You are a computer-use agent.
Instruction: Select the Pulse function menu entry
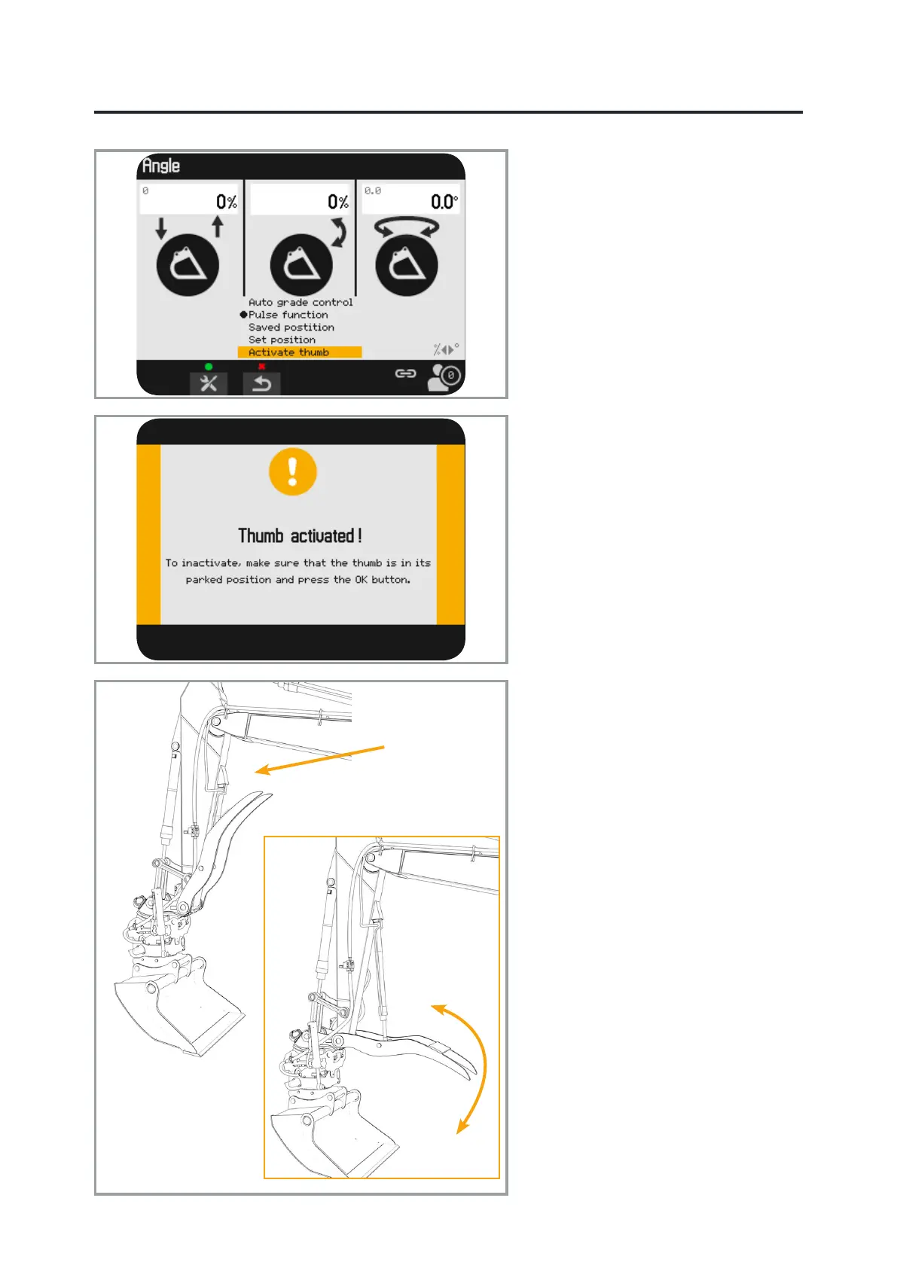[x=288, y=315]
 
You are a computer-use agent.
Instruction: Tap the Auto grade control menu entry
[x=301, y=302]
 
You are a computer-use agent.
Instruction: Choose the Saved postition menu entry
[x=291, y=328]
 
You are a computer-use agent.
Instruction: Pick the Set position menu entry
[x=282, y=340]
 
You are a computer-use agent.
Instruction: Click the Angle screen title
[x=161, y=166]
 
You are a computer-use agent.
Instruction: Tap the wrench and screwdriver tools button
[x=209, y=383]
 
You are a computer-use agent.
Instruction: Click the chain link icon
[x=406, y=373]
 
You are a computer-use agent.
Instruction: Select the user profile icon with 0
[x=444, y=376]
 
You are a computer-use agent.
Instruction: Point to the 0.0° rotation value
[x=444, y=202]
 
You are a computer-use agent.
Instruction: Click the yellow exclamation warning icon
[x=293, y=472]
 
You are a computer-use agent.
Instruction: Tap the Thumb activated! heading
[x=300, y=536]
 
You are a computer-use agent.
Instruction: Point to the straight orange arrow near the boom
[x=320, y=759]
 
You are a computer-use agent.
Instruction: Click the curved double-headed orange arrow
[x=474, y=1069]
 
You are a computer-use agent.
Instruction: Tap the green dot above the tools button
[x=209, y=367]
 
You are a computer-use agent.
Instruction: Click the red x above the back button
[x=261, y=367]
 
